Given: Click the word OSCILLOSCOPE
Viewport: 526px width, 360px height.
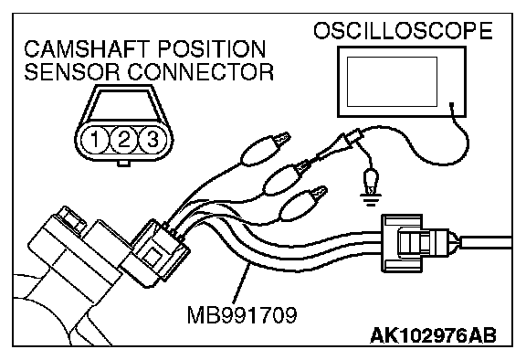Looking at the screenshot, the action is pos(403,31).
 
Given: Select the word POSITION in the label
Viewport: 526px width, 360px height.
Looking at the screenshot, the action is pos(212,49).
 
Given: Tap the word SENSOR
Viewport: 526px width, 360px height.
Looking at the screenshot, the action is pos(72,71).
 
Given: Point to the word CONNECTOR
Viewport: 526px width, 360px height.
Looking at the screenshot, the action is pos(200,71).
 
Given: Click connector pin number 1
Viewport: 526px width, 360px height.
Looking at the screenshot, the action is pos(95,139).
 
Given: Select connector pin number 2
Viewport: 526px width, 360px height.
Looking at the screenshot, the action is pos(124,139).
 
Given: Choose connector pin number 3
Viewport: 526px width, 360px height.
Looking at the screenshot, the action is pos(153,139).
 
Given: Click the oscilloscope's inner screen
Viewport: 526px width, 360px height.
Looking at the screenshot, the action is pos(392,81).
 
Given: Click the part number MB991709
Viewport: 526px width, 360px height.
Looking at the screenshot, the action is pos(242,315).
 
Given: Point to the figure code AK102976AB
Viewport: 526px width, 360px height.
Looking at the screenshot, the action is pos(433,335).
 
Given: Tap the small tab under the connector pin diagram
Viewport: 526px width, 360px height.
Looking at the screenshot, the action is pos(124,163).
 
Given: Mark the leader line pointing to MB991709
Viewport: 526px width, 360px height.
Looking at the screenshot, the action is pos(241,283).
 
